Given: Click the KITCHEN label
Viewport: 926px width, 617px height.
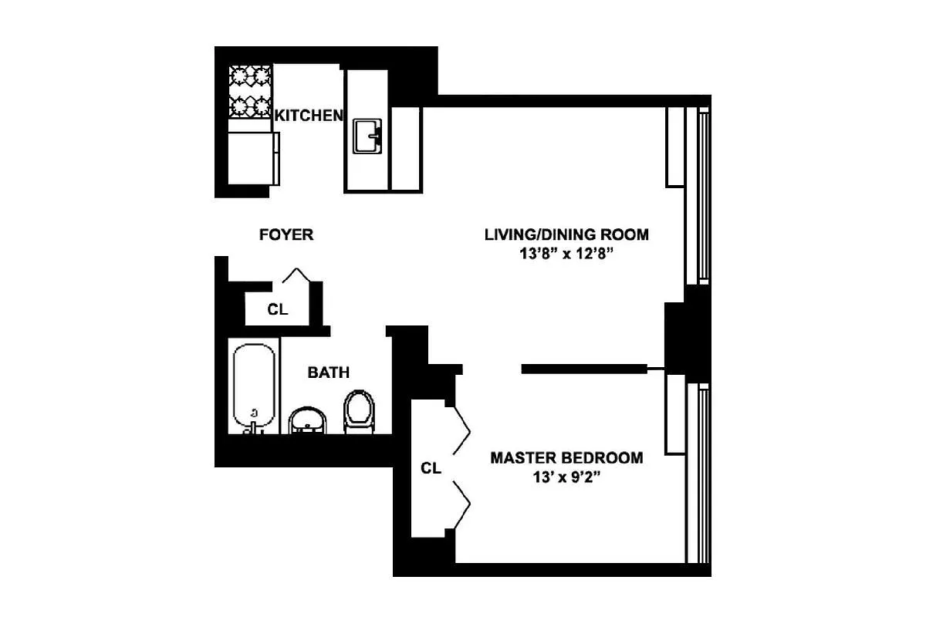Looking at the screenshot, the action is [x=309, y=116].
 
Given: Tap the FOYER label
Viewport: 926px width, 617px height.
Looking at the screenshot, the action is [x=286, y=234].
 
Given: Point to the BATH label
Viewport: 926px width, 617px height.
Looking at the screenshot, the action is [x=329, y=373].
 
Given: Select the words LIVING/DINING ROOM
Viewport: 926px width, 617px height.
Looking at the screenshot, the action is [x=566, y=234].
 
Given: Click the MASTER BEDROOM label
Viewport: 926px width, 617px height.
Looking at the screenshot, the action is [x=566, y=458].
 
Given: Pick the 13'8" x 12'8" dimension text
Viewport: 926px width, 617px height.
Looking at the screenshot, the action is [x=566, y=253].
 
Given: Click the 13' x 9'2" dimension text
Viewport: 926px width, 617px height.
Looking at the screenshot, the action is [x=566, y=477].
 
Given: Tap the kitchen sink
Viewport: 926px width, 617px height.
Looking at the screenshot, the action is [x=367, y=137].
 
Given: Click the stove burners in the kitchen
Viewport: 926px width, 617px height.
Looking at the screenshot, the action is [x=250, y=91].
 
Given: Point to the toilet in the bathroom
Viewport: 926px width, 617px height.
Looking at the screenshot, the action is [x=360, y=412].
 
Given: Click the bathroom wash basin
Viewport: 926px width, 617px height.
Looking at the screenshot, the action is [x=307, y=420].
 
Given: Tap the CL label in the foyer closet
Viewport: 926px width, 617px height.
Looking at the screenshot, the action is [x=277, y=309].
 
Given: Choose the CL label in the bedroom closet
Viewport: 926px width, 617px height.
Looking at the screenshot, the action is [x=431, y=468].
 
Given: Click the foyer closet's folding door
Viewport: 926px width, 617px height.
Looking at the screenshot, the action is [x=296, y=275].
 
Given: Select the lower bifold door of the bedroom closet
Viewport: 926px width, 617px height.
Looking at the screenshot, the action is [x=462, y=504].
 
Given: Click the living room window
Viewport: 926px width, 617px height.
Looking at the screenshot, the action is [x=698, y=195].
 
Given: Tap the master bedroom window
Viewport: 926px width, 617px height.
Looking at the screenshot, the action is [x=698, y=474].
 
